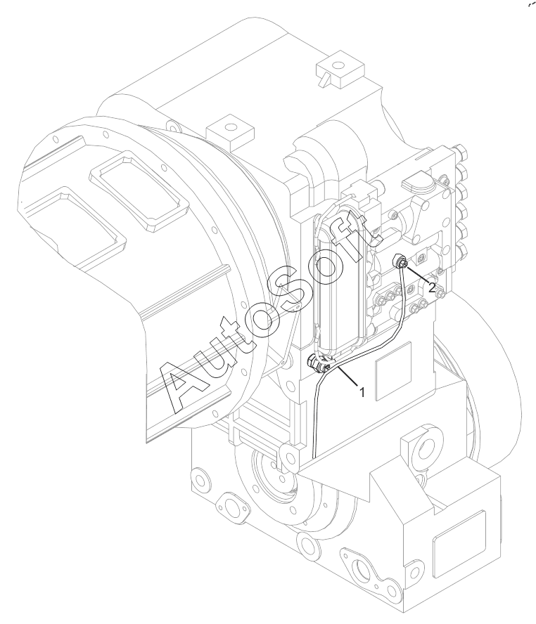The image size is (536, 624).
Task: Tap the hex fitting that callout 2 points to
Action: [x=399, y=264]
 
